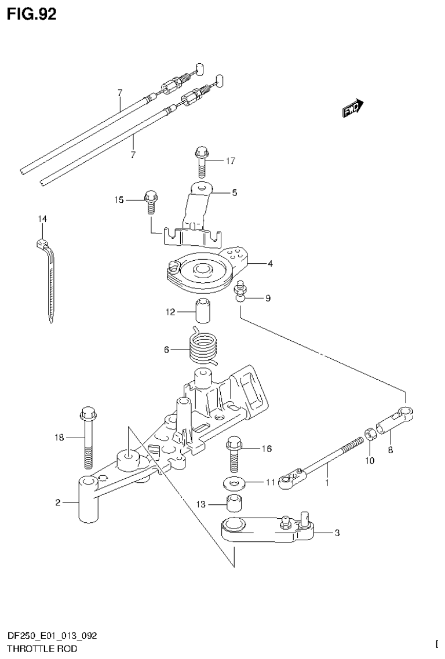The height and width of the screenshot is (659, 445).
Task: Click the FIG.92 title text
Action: point(32,14)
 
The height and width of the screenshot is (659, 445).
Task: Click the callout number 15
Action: point(119,200)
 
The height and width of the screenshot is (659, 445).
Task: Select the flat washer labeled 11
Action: point(234,482)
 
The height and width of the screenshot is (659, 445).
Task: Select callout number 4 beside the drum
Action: point(270,264)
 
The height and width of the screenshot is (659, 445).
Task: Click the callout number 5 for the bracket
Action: point(234,192)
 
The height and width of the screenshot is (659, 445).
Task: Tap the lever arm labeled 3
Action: point(267,530)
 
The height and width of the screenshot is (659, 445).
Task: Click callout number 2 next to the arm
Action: point(58,503)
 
